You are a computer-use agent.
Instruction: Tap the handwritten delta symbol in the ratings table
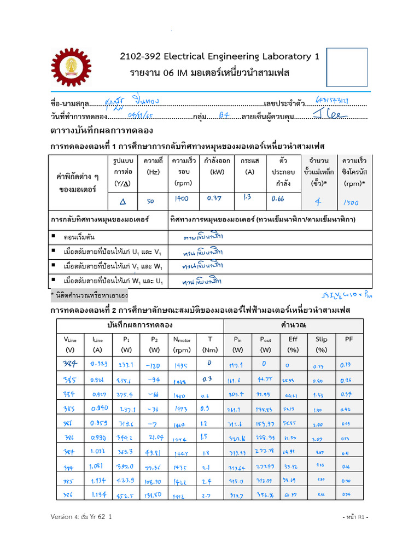point(122,201)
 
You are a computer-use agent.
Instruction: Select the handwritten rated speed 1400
point(181,199)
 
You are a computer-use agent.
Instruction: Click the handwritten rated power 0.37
point(214,199)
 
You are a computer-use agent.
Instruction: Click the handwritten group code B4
point(224,115)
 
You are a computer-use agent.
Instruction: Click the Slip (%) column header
point(322,344)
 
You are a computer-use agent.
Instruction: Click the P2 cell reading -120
point(154,365)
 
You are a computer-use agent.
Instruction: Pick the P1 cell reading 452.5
point(126,495)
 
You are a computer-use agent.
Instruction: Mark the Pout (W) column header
point(266,344)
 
